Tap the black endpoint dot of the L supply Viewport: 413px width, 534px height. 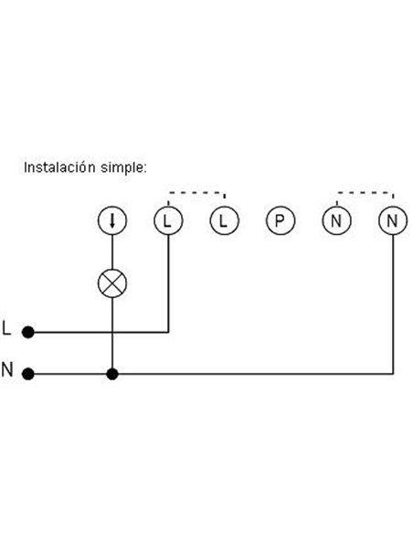coord(28,332)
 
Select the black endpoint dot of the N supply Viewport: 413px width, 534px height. coord(28,374)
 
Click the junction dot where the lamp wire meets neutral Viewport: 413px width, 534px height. coord(112,374)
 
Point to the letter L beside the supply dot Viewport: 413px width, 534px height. coord(6,328)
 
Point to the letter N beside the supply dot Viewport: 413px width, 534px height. coord(7,369)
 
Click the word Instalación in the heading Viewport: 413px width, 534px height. coord(59,167)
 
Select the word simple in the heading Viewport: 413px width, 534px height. coord(124,168)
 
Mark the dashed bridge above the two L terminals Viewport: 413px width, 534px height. coord(196,193)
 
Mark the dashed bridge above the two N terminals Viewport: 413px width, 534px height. coord(365,193)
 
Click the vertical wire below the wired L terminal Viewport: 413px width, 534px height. coord(168,283)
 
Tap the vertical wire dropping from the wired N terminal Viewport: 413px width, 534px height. coord(393,304)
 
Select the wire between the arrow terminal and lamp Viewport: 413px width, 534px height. coord(112,252)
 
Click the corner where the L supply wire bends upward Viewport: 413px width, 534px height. coord(168,332)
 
